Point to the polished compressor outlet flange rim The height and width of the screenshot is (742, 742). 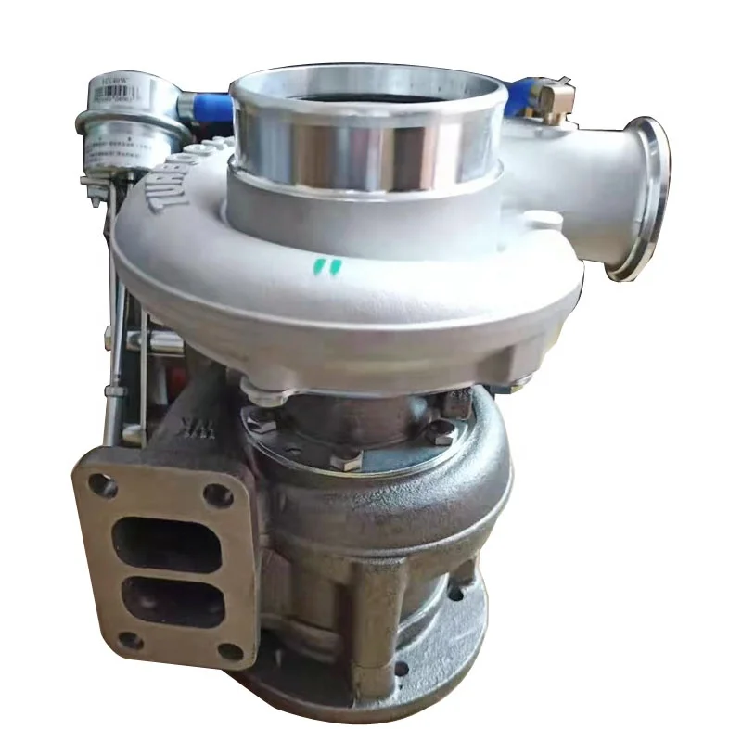pos(648,197)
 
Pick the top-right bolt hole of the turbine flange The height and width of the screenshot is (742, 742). pos(219,495)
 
